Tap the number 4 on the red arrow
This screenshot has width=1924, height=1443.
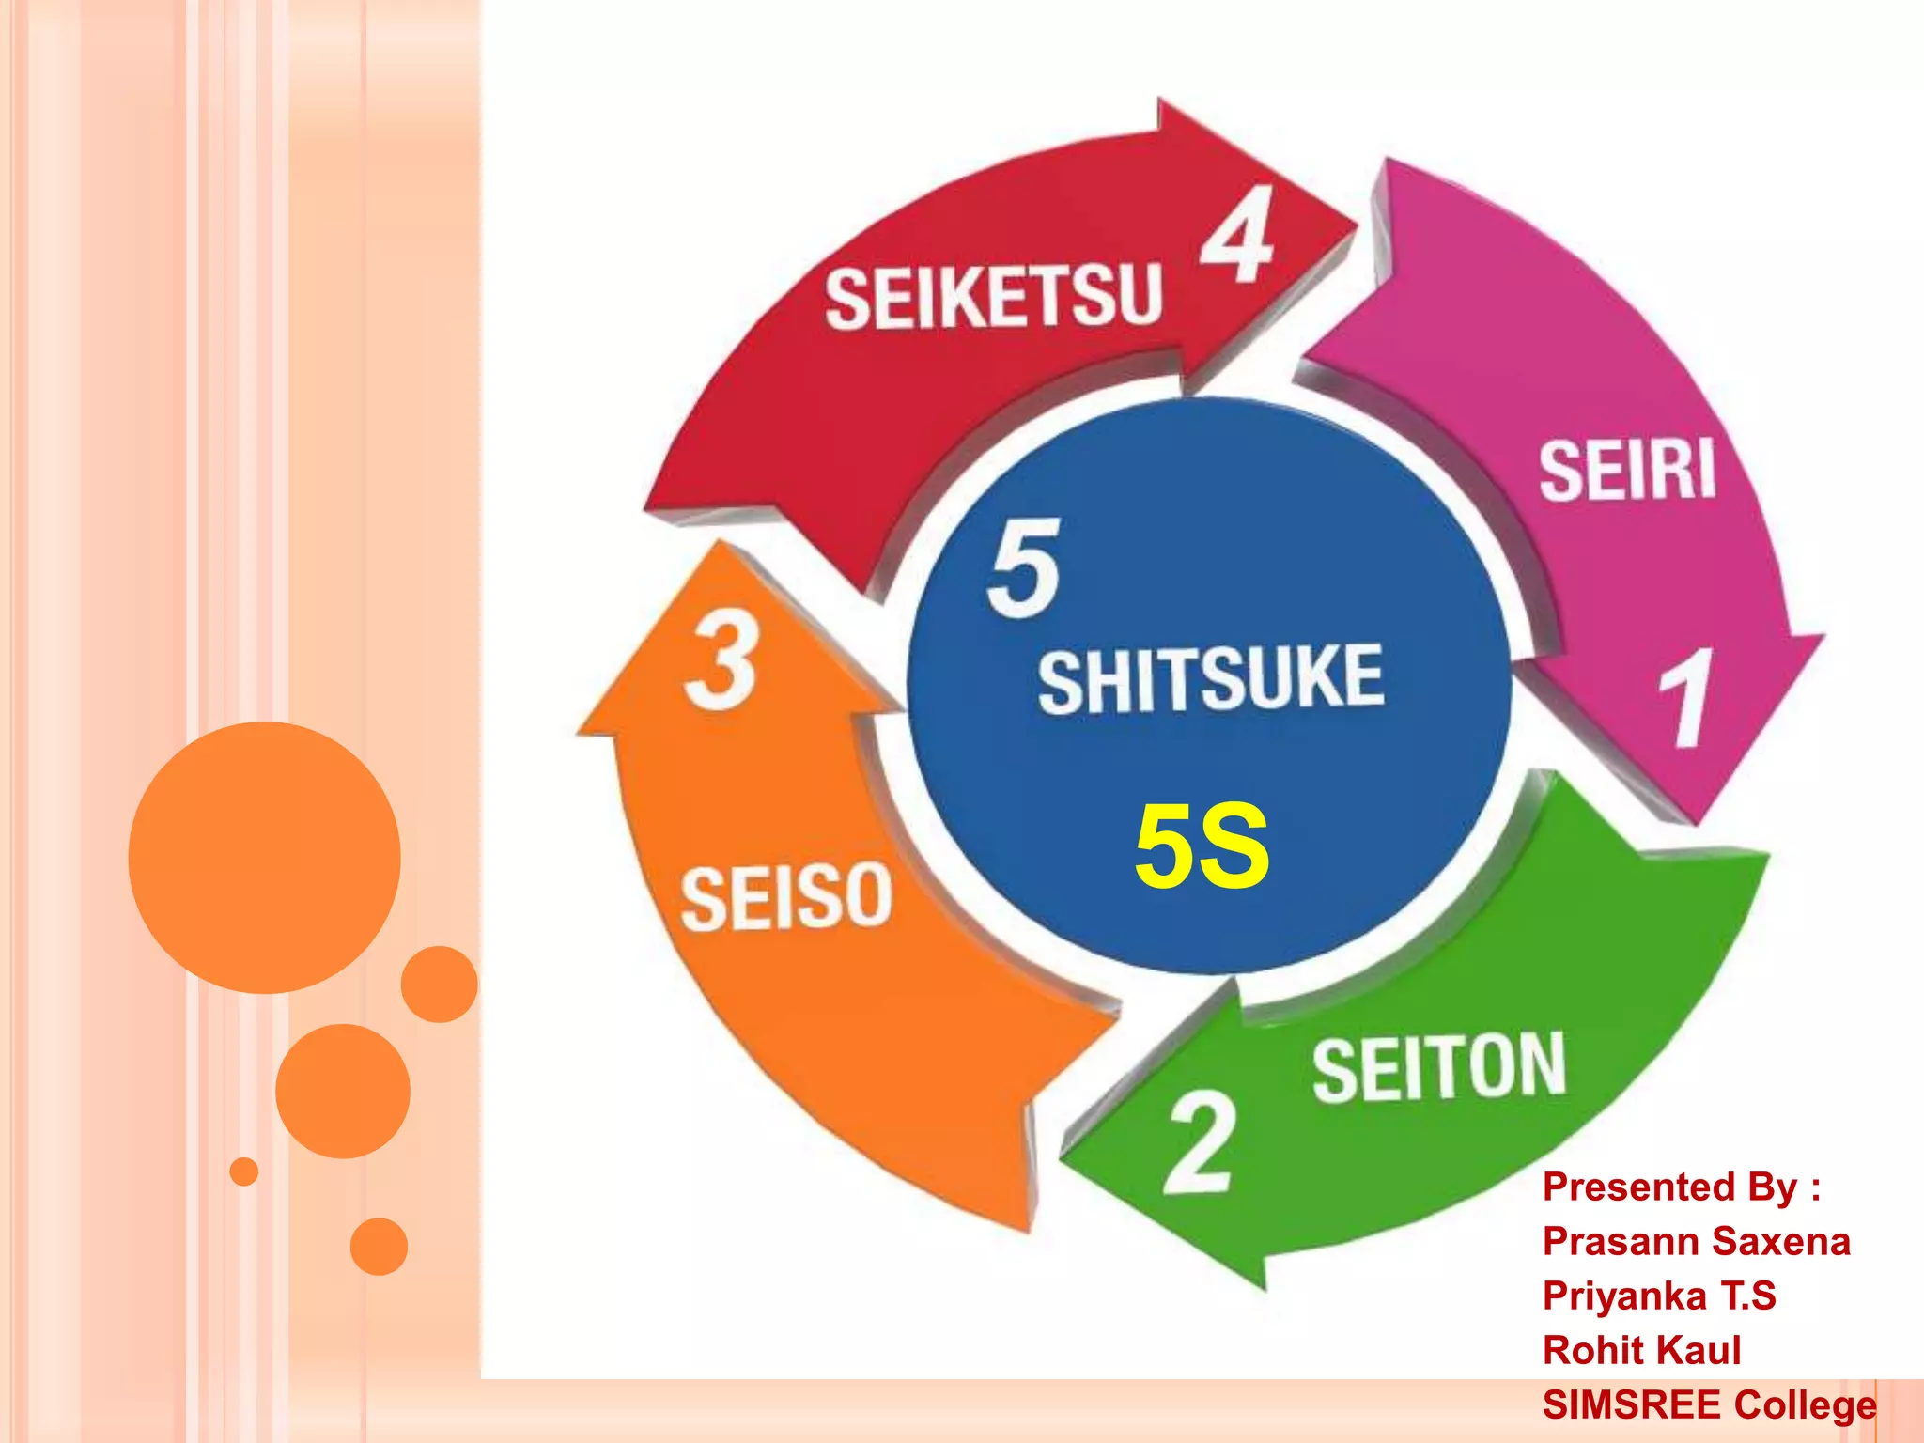coord(1238,234)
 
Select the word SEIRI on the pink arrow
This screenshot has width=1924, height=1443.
coord(1626,470)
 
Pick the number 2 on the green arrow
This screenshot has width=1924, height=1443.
coord(1199,1142)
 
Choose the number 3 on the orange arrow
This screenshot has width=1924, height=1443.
coord(721,660)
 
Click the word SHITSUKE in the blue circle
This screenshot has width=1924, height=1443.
coord(1210,679)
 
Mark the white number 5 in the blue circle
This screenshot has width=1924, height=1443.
coord(1024,568)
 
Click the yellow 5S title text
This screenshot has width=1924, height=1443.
coord(1202,846)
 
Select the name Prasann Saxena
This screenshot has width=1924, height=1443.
coord(1696,1241)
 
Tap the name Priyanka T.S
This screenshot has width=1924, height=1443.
coord(1658,1296)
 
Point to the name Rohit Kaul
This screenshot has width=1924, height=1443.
coord(1641,1350)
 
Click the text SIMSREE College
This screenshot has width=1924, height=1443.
coord(1709,1404)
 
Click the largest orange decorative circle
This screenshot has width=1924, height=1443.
coord(264,857)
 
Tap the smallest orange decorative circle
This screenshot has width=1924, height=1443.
coord(244,1171)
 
